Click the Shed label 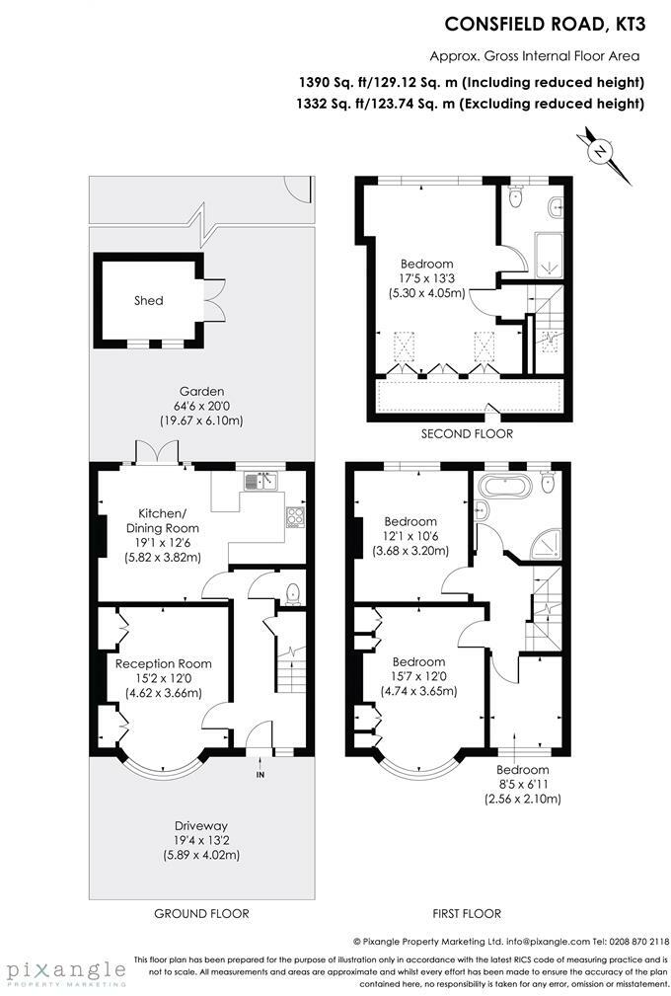tap(149, 300)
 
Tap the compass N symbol tap(599, 151)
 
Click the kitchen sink tap(261, 481)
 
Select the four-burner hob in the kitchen tap(296, 516)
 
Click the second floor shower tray tap(549, 256)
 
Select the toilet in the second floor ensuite tap(515, 195)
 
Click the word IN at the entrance tap(261, 775)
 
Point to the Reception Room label tap(164, 663)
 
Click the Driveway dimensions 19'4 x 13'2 tap(202, 840)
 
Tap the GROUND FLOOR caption tap(202, 913)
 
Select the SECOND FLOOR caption tap(467, 434)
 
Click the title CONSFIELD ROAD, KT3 tap(545, 24)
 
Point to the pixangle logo tap(66, 972)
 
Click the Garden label tap(201, 391)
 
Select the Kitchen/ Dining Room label tap(163, 521)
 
